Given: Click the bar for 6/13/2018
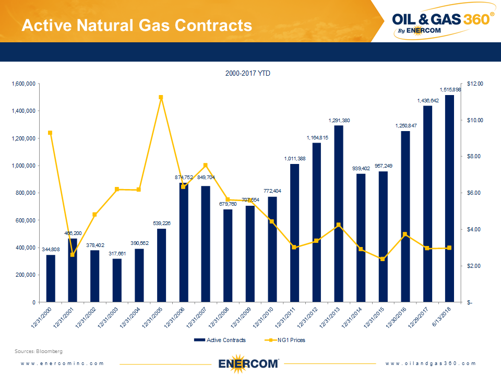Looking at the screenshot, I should coord(449,198).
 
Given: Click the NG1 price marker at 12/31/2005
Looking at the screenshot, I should coord(161,97).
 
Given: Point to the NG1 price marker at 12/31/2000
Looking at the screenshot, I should coord(50,133).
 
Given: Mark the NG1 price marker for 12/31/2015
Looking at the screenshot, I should coord(383,258).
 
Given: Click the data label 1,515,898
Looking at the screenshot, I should coord(450,90).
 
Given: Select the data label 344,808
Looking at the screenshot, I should coord(51,250).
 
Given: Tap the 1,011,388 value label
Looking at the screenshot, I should coord(295,159).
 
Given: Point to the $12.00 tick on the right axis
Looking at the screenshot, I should coord(475,84).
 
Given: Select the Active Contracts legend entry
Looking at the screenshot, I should coord(219,340).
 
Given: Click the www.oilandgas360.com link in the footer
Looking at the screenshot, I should coord(431,363).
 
